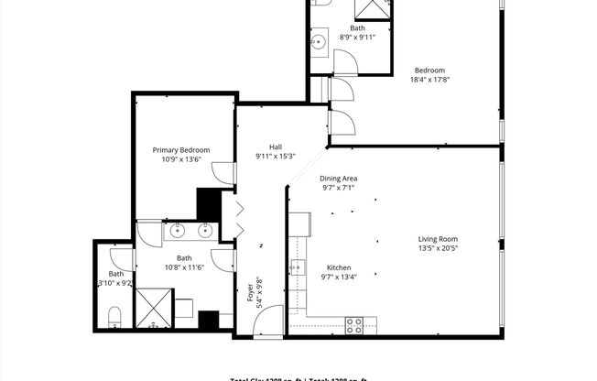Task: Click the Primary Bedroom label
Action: (x=180, y=150)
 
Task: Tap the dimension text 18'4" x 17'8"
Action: (x=429, y=80)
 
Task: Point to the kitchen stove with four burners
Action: (x=353, y=324)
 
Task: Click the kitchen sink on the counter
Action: (x=298, y=267)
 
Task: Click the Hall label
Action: (x=275, y=147)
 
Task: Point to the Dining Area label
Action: (x=337, y=178)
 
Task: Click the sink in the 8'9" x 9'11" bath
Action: (x=319, y=42)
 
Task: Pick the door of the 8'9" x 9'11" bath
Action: (x=346, y=62)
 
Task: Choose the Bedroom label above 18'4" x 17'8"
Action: (x=429, y=70)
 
